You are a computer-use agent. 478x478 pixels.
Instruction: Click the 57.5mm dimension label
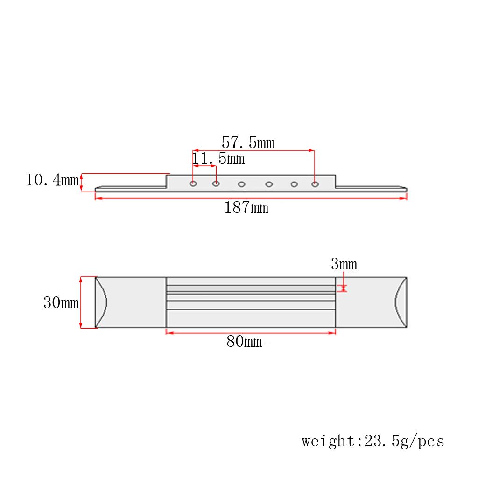tap(248, 143)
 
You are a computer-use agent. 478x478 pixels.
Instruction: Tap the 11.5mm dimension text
tap(218, 159)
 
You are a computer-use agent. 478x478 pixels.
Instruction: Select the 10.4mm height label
tap(52, 180)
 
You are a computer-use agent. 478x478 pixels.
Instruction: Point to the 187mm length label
tap(246, 208)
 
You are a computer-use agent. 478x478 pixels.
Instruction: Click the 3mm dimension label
tap(344, 264)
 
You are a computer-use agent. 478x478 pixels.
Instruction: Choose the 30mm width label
tap(61, 302)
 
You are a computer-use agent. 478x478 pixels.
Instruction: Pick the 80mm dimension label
tap(244, 341)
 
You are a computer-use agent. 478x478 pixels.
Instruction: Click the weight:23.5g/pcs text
tap(373, 441)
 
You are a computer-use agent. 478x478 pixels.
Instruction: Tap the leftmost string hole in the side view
tap(193, 184)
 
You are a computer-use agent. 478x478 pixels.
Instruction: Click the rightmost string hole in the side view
tap(315, 184)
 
